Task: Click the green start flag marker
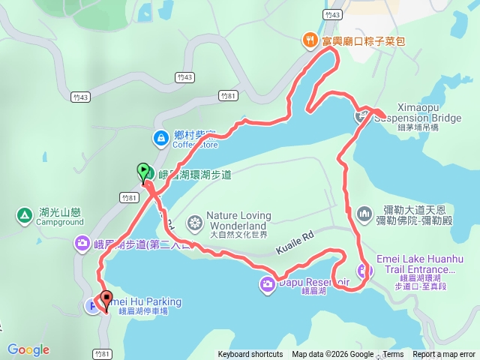(142, 171)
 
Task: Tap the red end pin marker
(106, 299)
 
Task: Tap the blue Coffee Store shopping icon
(161, 137)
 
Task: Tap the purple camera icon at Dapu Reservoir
(268, 283)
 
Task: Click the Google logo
(28, 349)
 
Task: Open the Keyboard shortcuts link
(250, 355)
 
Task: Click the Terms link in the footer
(393, 355)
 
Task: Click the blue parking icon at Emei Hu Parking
(92, 305)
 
